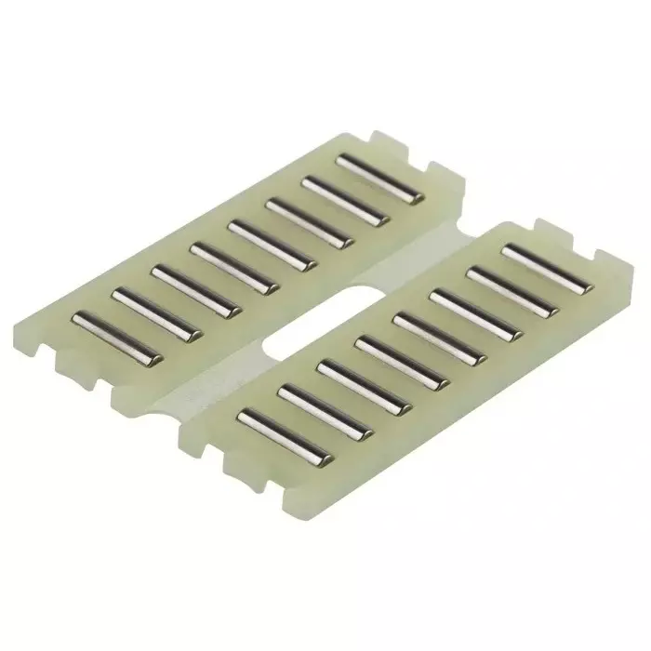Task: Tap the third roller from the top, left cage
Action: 308,222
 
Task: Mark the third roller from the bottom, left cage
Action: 195,290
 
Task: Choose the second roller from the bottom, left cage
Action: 155,313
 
